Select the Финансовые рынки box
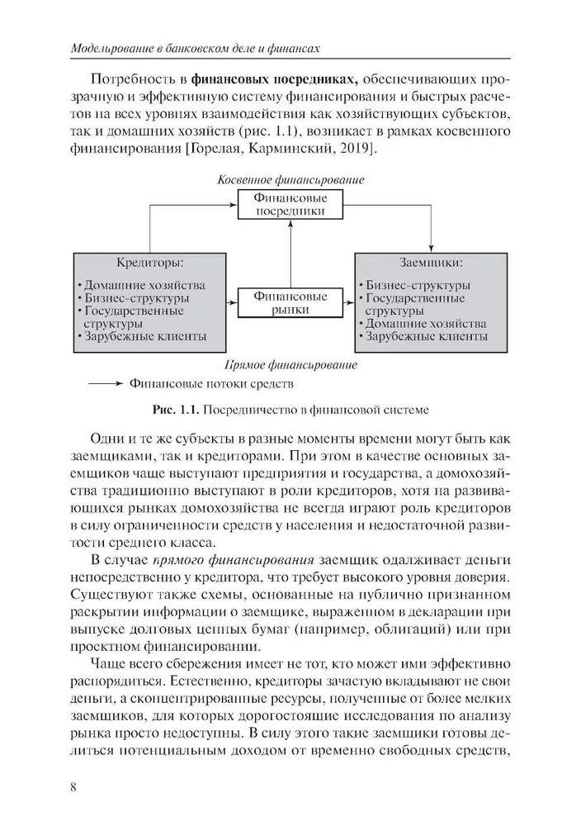tap(289, 303)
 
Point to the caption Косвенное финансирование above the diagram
tap(290, 179)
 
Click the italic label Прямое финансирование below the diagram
tap(290, 364)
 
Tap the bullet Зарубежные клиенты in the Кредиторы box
tap(144, 337)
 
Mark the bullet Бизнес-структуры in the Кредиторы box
tap(137, 297)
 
